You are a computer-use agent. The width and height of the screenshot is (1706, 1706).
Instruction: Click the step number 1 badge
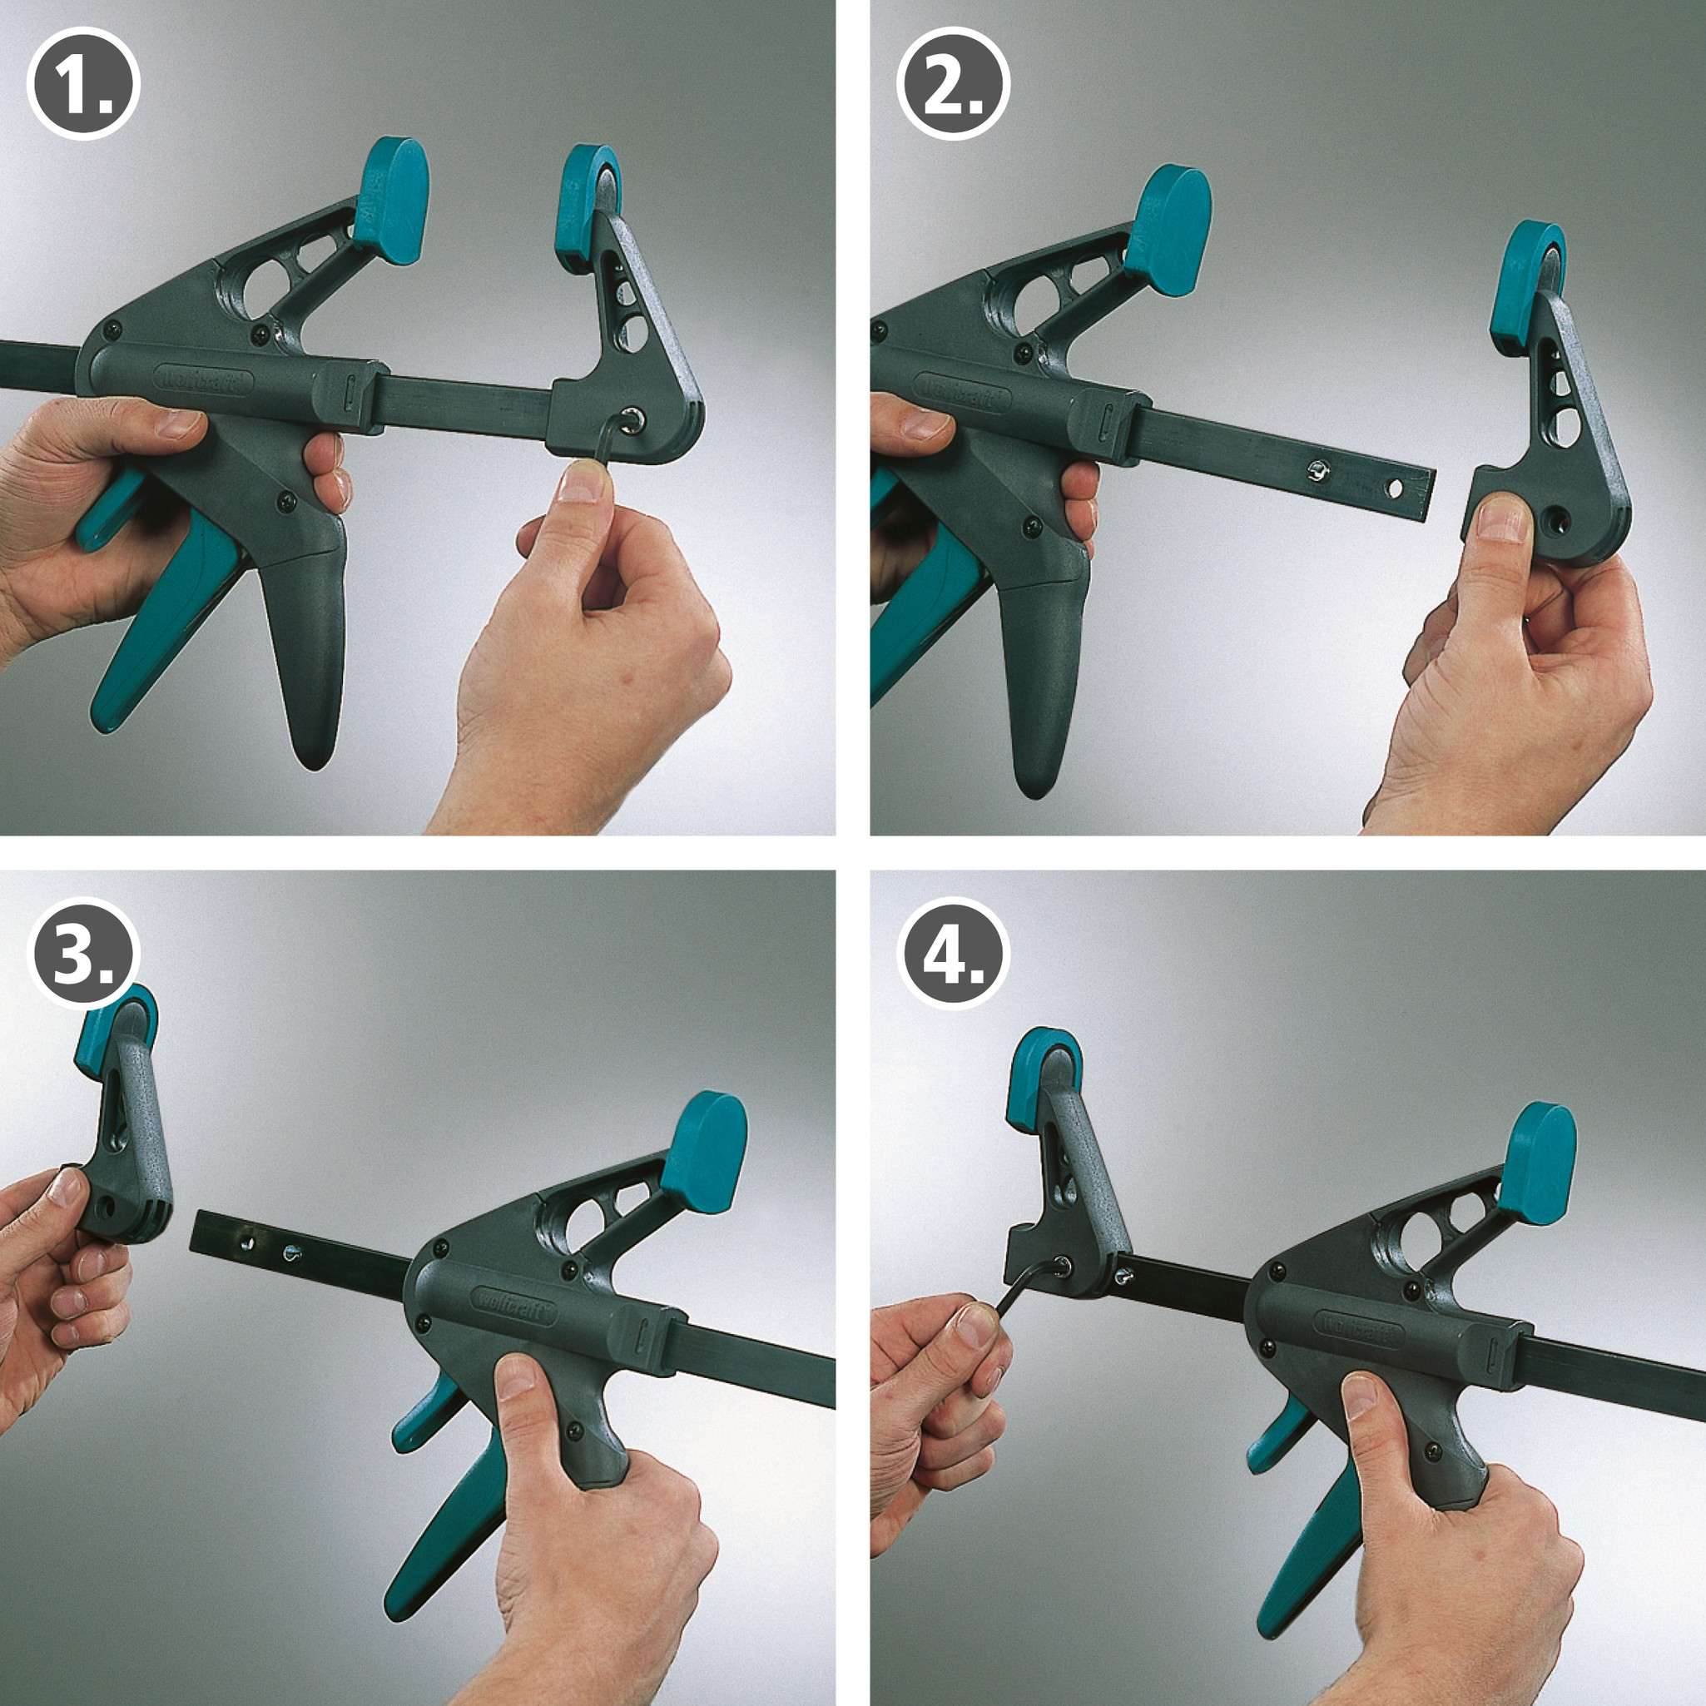83,85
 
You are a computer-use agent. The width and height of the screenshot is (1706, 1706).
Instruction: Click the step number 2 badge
953,85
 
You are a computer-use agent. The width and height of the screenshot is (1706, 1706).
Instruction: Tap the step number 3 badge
83,954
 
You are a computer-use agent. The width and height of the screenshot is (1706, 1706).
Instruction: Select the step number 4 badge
953,954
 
